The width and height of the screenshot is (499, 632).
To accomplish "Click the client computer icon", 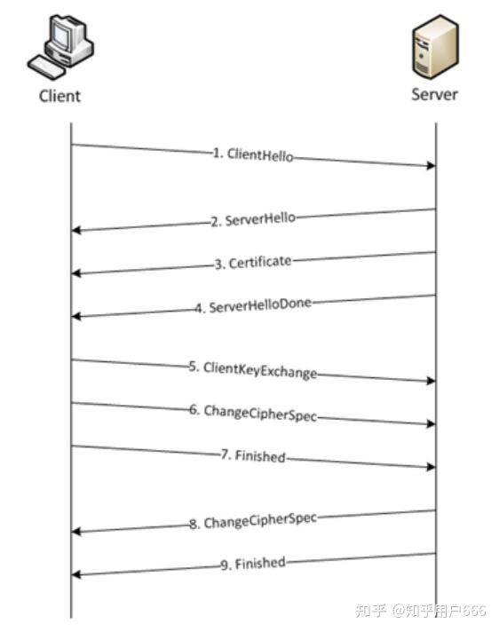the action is coord(60,47).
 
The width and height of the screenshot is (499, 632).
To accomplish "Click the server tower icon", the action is coord(435,47).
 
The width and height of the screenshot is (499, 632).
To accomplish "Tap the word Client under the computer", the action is coord(59,96).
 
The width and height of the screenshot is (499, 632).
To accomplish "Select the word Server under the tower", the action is coord(434,94).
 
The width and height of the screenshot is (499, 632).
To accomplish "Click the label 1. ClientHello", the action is coord(253,154).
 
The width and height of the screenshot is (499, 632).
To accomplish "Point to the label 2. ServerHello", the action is coord(253,219).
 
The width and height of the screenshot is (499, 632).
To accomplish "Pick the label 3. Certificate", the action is coord(253,263).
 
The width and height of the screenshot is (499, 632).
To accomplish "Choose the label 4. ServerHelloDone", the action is coord(253,305).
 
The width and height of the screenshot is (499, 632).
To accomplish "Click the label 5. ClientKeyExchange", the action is coord(253,370).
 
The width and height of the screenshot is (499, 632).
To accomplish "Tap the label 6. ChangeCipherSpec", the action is coord(253,413).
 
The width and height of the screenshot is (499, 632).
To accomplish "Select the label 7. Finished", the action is coord(253,456).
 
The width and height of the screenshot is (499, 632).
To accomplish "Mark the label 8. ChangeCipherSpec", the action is coord(253,521).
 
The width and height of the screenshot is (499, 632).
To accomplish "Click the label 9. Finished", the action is coord(253,563).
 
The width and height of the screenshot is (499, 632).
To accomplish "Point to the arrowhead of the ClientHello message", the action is coord(432,166).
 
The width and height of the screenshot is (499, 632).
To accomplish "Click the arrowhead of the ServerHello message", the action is coord(76,230).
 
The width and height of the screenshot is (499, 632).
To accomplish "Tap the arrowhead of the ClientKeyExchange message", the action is coord(432,381).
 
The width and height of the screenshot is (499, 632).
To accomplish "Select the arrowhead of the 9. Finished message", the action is coord(76,574).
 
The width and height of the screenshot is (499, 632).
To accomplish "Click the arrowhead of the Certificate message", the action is coord(76,273).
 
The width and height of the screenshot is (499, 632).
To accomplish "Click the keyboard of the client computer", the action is coord(45,67).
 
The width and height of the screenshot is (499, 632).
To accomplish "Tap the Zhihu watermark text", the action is coord(421,610).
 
